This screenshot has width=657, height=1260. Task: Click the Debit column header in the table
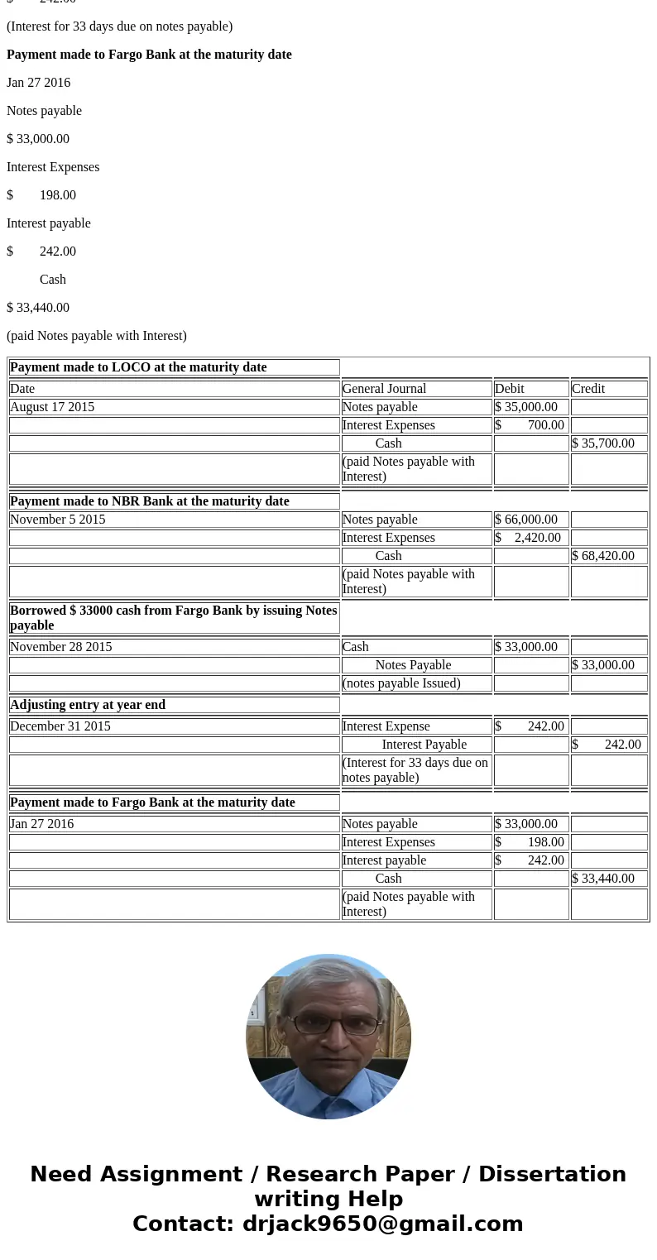(x=510, y=389)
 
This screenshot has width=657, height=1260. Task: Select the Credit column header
(x=588, y=389)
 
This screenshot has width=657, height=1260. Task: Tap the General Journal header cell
(x=384, y=389)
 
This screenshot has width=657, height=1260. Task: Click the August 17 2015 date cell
(x=52, y=407)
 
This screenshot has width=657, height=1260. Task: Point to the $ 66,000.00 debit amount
(x=526, y=520)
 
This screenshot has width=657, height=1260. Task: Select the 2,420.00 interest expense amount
(x=537, y=538)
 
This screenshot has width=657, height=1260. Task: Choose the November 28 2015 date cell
(x=61, y=647)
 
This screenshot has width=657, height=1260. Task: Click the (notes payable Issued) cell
(x=401, y=683)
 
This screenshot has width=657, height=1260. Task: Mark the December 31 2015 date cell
(x=60, y=726)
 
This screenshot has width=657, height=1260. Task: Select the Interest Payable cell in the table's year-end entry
(x=424, y=745)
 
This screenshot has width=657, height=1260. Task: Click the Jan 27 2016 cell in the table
(x=42, y=824)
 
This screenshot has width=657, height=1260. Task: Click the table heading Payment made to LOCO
(x=138, y=367)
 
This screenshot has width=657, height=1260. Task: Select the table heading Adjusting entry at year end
(x=88, y=705)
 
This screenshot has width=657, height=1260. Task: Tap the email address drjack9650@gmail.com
(x=382, y=1224)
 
